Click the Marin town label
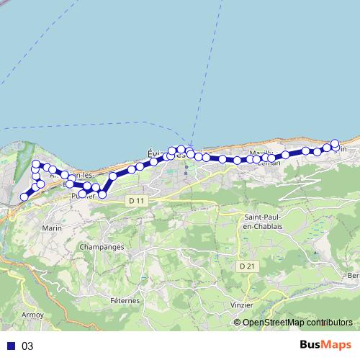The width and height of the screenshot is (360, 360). (53, 228)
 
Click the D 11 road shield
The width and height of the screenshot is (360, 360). (135, 199)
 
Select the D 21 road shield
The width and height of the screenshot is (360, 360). (246, 266)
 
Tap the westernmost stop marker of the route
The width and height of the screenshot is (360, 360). (24, 197)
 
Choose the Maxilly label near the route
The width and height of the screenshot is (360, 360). (261, 154)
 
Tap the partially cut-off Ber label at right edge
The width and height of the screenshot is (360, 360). (354, 276)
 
